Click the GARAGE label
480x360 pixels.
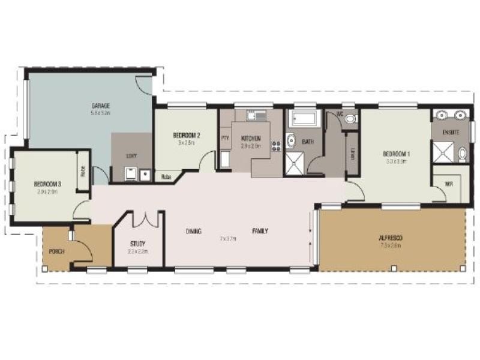coord(100,106)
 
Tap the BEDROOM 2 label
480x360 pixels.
coord(186,136)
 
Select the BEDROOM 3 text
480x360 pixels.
coord(46,184)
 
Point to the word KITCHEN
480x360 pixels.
coord(250,138)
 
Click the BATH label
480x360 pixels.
coord(308,142)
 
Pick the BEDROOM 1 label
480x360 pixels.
coord(396,154)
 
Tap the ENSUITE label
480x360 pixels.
coord(451,131)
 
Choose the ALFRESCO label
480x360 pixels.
coord(391,238)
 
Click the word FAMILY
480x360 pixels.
coord(260,231)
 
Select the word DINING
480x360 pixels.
coord(193,231)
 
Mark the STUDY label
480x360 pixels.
coord(138,244)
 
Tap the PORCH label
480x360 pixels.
coord(57,251)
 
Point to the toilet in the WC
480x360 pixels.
coord(350,119)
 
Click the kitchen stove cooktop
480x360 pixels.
coord(277,145)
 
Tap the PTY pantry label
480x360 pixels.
coord(226,138)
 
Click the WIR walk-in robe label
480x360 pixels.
coord(448,184)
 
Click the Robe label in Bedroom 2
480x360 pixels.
coord(166,177)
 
